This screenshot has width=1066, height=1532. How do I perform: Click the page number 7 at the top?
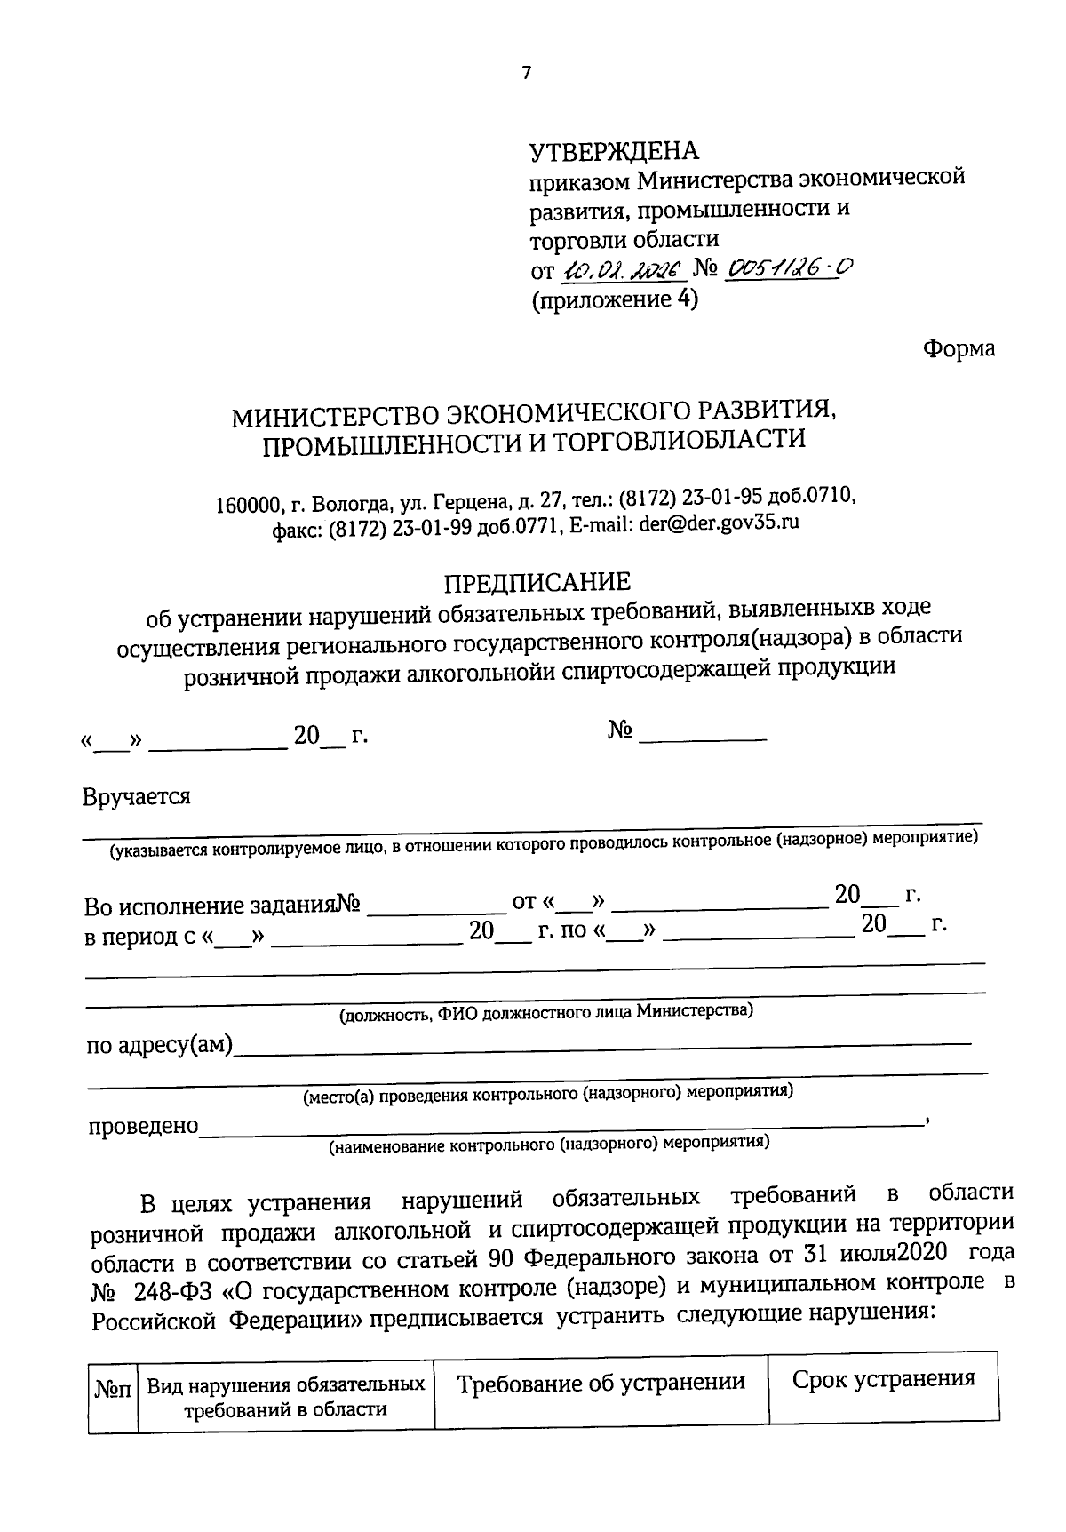click(526, 74)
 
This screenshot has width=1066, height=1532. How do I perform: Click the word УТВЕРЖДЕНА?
click(614, 152)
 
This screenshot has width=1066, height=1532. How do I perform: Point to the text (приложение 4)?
click(615, 299)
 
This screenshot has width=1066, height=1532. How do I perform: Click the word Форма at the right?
click(959, 348)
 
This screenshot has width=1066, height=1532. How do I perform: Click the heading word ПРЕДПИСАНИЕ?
click(537, 582)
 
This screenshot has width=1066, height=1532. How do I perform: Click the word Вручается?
click(136, 795)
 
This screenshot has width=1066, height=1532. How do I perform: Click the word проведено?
click(142, 1126)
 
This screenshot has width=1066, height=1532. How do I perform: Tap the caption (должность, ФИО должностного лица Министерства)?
click(546, 1011)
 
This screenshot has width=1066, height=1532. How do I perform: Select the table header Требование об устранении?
click(601, 1383)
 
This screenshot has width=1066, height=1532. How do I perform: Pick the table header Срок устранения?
click(883, 1378)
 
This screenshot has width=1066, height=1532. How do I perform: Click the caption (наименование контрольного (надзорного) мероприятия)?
click(549, 1144)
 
